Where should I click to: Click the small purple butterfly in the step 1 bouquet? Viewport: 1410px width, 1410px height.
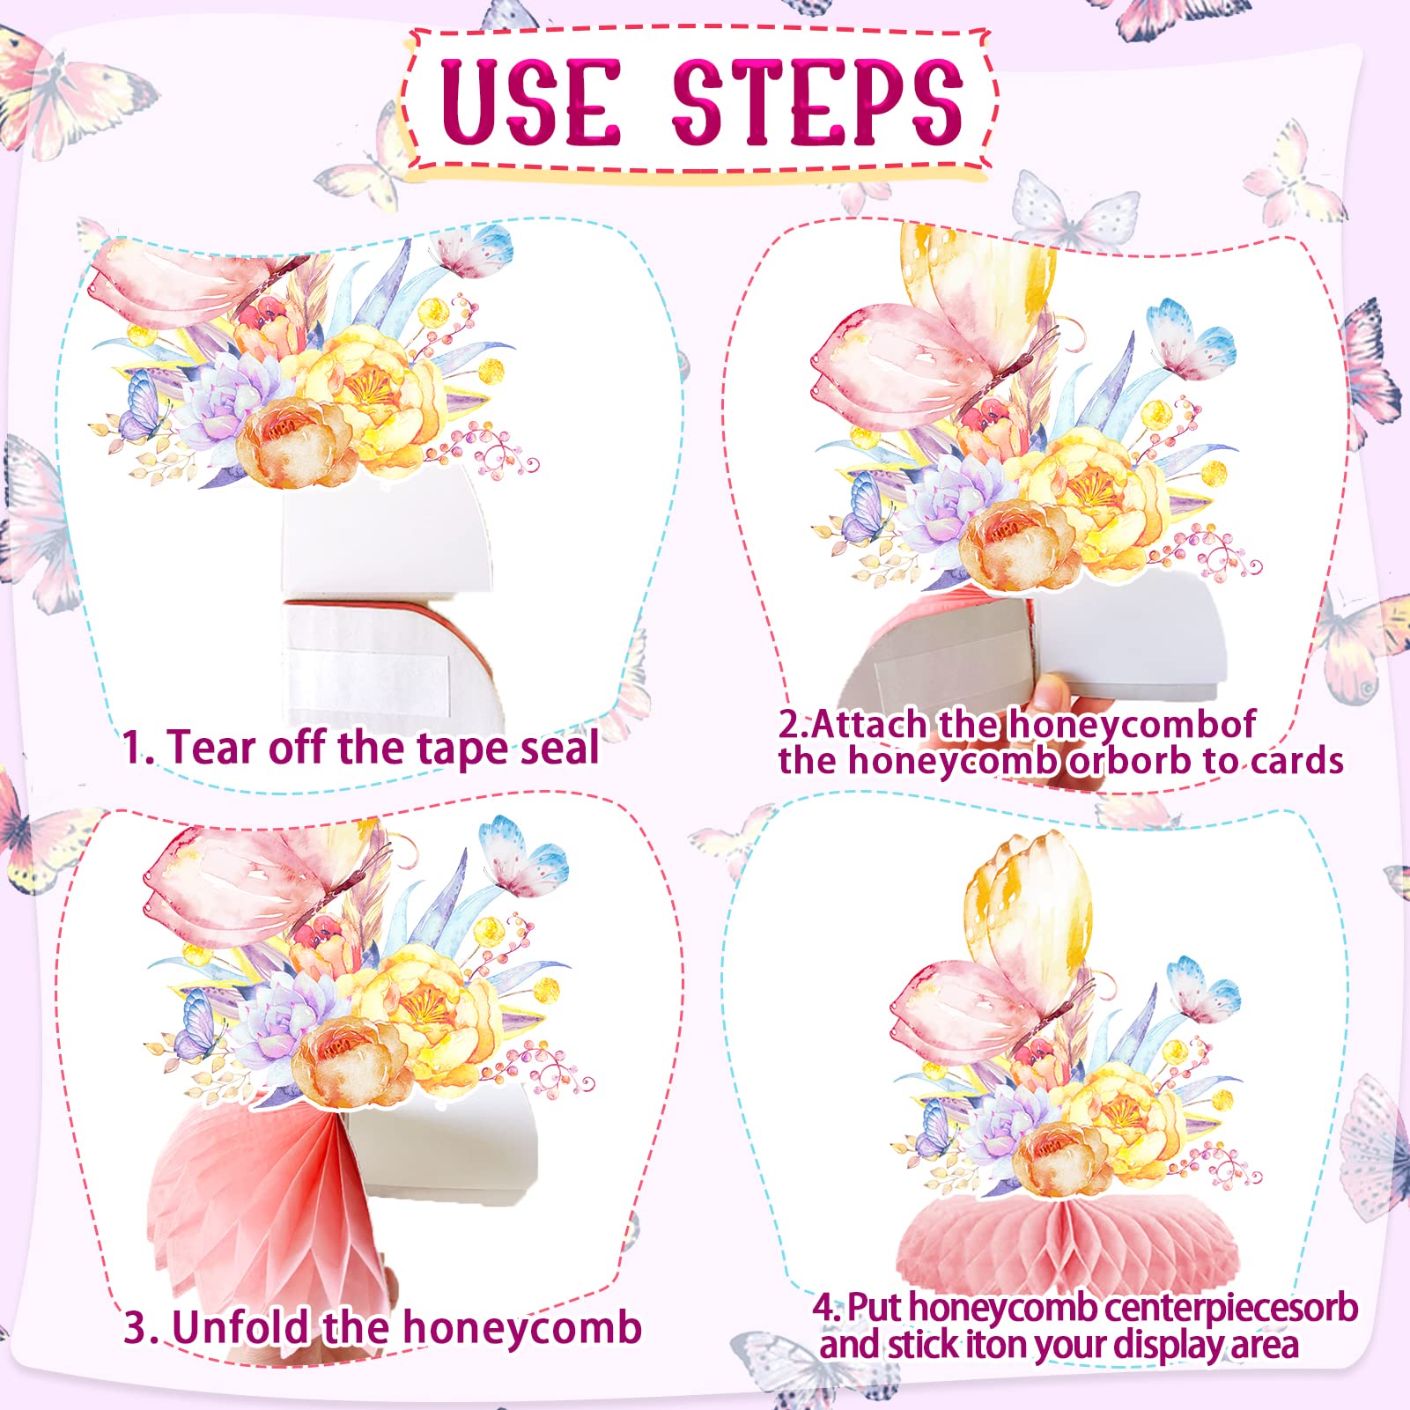141,406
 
